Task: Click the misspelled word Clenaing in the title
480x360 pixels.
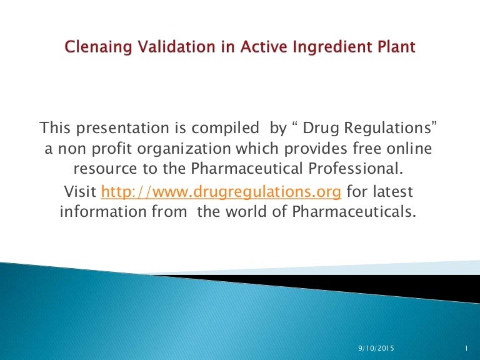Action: pos(97,47)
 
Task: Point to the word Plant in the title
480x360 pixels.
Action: pos(396,47)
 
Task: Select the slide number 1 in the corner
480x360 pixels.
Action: pos(467,347)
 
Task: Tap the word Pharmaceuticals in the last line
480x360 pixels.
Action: pos(353,211)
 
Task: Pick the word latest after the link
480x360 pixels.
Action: pos(391,191)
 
